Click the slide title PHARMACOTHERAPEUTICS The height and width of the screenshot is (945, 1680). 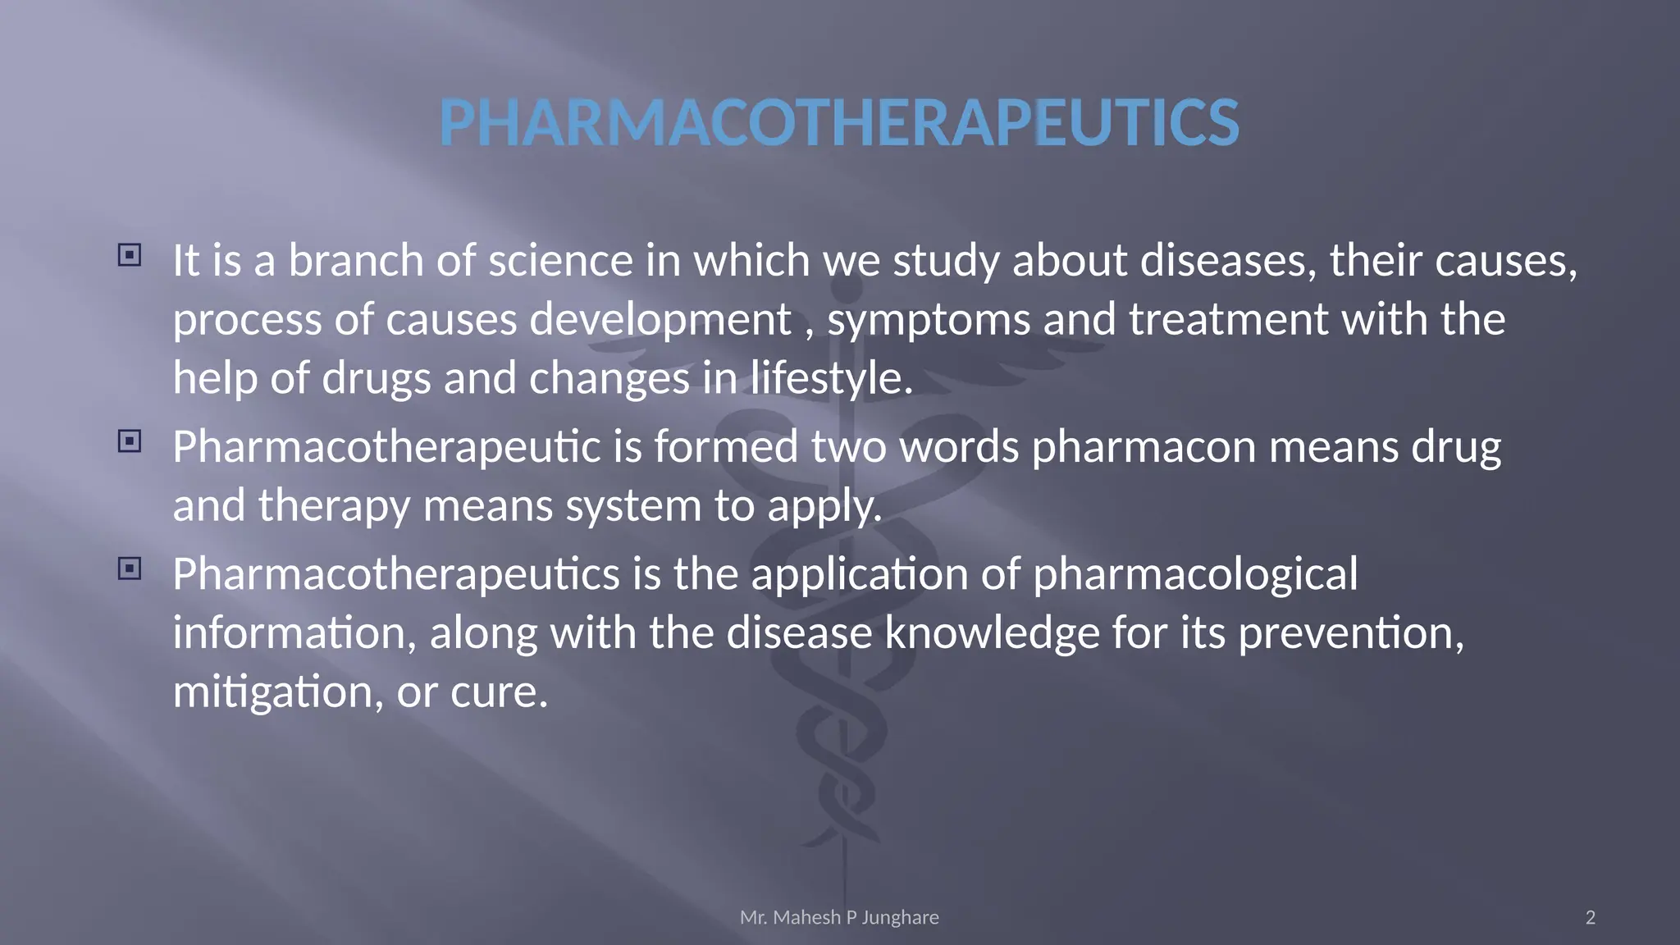pyautogui.click(x=838, y=122)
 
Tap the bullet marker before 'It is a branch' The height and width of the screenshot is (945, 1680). pyautogui.click(x=130, y=255)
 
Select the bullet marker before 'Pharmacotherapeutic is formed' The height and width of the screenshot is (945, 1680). pyautogui.click(x=130, y=441)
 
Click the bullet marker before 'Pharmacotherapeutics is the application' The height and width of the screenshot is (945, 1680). pyautogui.click(x=130, y=568)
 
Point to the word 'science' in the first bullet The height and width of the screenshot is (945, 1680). pyautogui.click(x=561, y=261)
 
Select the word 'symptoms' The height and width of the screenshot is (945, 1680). pyautogui.click(x=929, y=320)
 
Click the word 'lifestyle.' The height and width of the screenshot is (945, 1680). pyautogui.click(x=832, y=379)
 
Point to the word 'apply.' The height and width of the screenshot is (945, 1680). pyautogui.click(x=824, y=507)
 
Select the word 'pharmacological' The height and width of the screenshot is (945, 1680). pyautogui.click(x=1195, y=574)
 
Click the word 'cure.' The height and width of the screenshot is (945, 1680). pyautogui.click(x=499, y=692)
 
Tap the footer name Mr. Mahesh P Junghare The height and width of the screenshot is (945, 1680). pyautogui.click(x=839, y=917)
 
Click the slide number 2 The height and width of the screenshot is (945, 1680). pyautogui.click(x=1591, y=917)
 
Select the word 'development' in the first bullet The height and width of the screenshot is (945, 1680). pyautogui.click(x=660, y=320)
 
